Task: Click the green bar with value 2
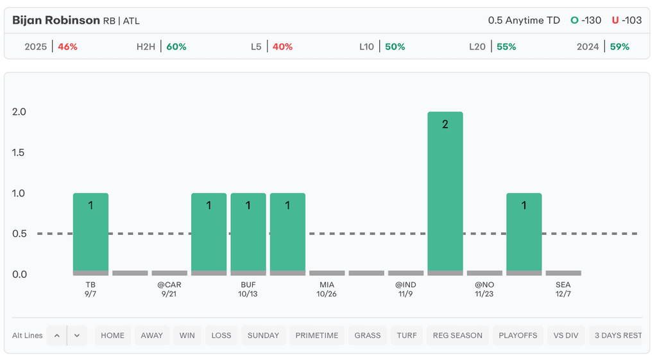pos(445,191)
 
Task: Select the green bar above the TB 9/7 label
pos(90,232)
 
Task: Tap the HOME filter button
pos(113,335)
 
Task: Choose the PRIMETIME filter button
pos(317,335)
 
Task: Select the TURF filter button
pos(407,335)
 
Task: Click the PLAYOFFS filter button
pos(518,335)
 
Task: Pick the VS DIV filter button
pos(567,335)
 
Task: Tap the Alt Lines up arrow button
pos(56,335)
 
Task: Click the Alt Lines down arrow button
pos(77,335)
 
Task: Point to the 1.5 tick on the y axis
pos(19,153)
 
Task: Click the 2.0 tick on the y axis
pos(19,112)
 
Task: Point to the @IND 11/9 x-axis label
pos(405,289)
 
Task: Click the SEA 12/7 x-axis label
pos(563,289)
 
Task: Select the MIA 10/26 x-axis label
pos(327,289)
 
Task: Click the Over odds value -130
pos(591,20)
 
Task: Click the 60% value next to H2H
pos(176,47)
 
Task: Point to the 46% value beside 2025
pos(68,47)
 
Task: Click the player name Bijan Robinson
pos(56,20)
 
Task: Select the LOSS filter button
pos(221,335)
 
